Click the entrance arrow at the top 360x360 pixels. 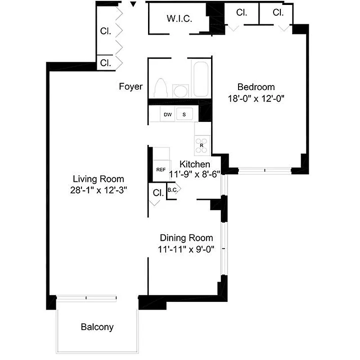pyautogui.click(x=133, y=4)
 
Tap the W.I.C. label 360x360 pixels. pyautogui.click(x=180, y=19)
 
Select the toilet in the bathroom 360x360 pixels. pyautogui.click(x=161, y=88)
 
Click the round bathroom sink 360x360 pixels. pyautogui.click(x=181, y=90)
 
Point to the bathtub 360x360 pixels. pyautogui.click(x=200, y=79)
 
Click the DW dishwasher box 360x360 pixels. pyautogui.click(x=168, y=115)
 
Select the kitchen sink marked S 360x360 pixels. pyautogui.click(x=184, y=115)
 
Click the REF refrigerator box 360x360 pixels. pyautogui.click(x=161, y=170)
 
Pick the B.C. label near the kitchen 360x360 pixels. pyautogui.click(x=172, y=190)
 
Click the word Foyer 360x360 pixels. pyautogui.click(x=130, y=86)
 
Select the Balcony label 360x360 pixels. pyautogui.click(x=97, y=327)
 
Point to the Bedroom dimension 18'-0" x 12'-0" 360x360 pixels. pyautogui.click(x=256, y=99)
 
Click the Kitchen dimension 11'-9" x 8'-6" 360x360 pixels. pyautogui.click(x=194, y=174)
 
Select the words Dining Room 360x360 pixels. pyautogui.click(x=186, y=238)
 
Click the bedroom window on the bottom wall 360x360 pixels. pyautogui.click(x=265, y=171)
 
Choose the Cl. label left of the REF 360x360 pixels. pyautogui.click(x=158, y=193)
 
